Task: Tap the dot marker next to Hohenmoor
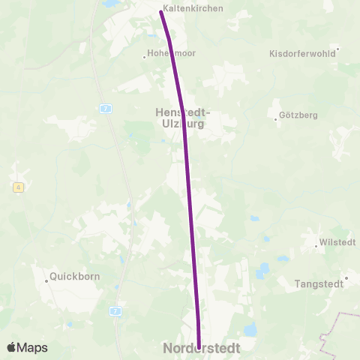144,55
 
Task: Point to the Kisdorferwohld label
301,54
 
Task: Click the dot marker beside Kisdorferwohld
337,49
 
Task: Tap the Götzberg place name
298,115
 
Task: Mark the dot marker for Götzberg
276,118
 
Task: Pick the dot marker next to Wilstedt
315,245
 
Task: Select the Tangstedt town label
319,283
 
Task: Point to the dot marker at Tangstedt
346,277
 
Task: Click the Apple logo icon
11,347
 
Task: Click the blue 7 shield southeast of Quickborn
115,310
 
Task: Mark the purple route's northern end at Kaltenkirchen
161,12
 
